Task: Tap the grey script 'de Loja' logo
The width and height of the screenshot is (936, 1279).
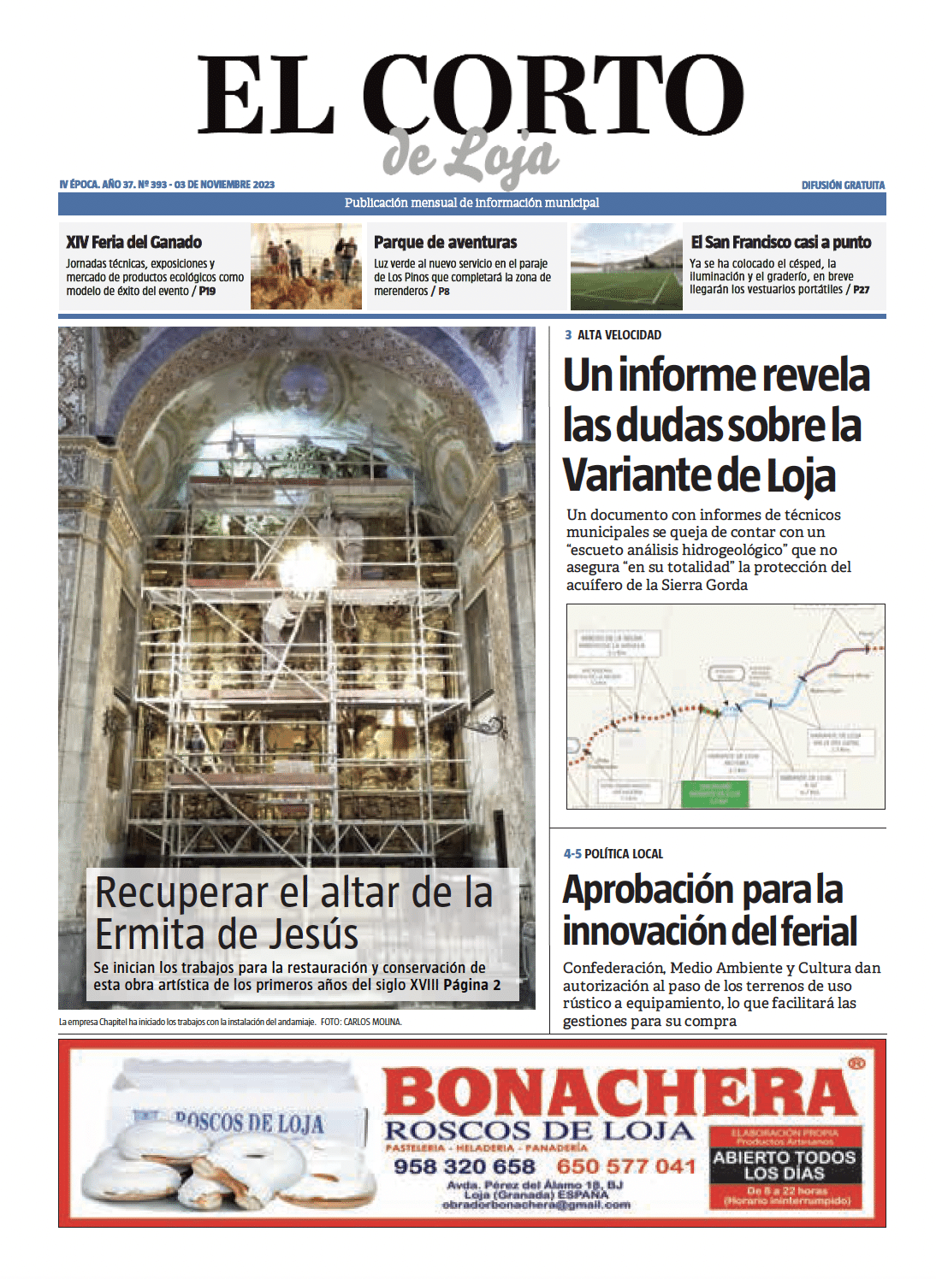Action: [x=471, y=156]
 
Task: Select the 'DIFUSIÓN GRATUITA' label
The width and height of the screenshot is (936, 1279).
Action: [x=843, y=185]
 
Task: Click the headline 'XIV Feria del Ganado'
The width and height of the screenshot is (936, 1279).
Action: [x=134, y=242]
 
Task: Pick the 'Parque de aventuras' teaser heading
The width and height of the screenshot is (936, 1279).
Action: [x=445, y=242]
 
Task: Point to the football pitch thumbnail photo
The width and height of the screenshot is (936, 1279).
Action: [x=626, y=266]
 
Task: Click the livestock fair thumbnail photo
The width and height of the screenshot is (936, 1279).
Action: [x=305, y=266]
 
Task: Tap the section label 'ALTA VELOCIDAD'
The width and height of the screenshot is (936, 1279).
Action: [x=619, y=335]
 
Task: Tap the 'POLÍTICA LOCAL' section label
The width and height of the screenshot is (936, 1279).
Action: [x=623, y=853]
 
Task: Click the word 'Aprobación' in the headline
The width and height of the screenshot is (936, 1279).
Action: [x=648, y=889]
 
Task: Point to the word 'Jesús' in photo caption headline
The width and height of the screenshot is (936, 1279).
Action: [x=311, y=934]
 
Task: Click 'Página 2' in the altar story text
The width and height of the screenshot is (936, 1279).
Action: [x=471, y=985]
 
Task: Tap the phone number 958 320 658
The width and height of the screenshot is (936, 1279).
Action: [x=464, y=1167]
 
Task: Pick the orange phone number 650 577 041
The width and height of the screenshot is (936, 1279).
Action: [x=625, y=1167]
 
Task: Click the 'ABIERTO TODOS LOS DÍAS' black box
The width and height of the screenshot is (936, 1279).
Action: [x=785, y=1164]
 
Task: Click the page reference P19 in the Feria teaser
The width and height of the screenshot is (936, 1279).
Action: [x=207, y=291]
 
